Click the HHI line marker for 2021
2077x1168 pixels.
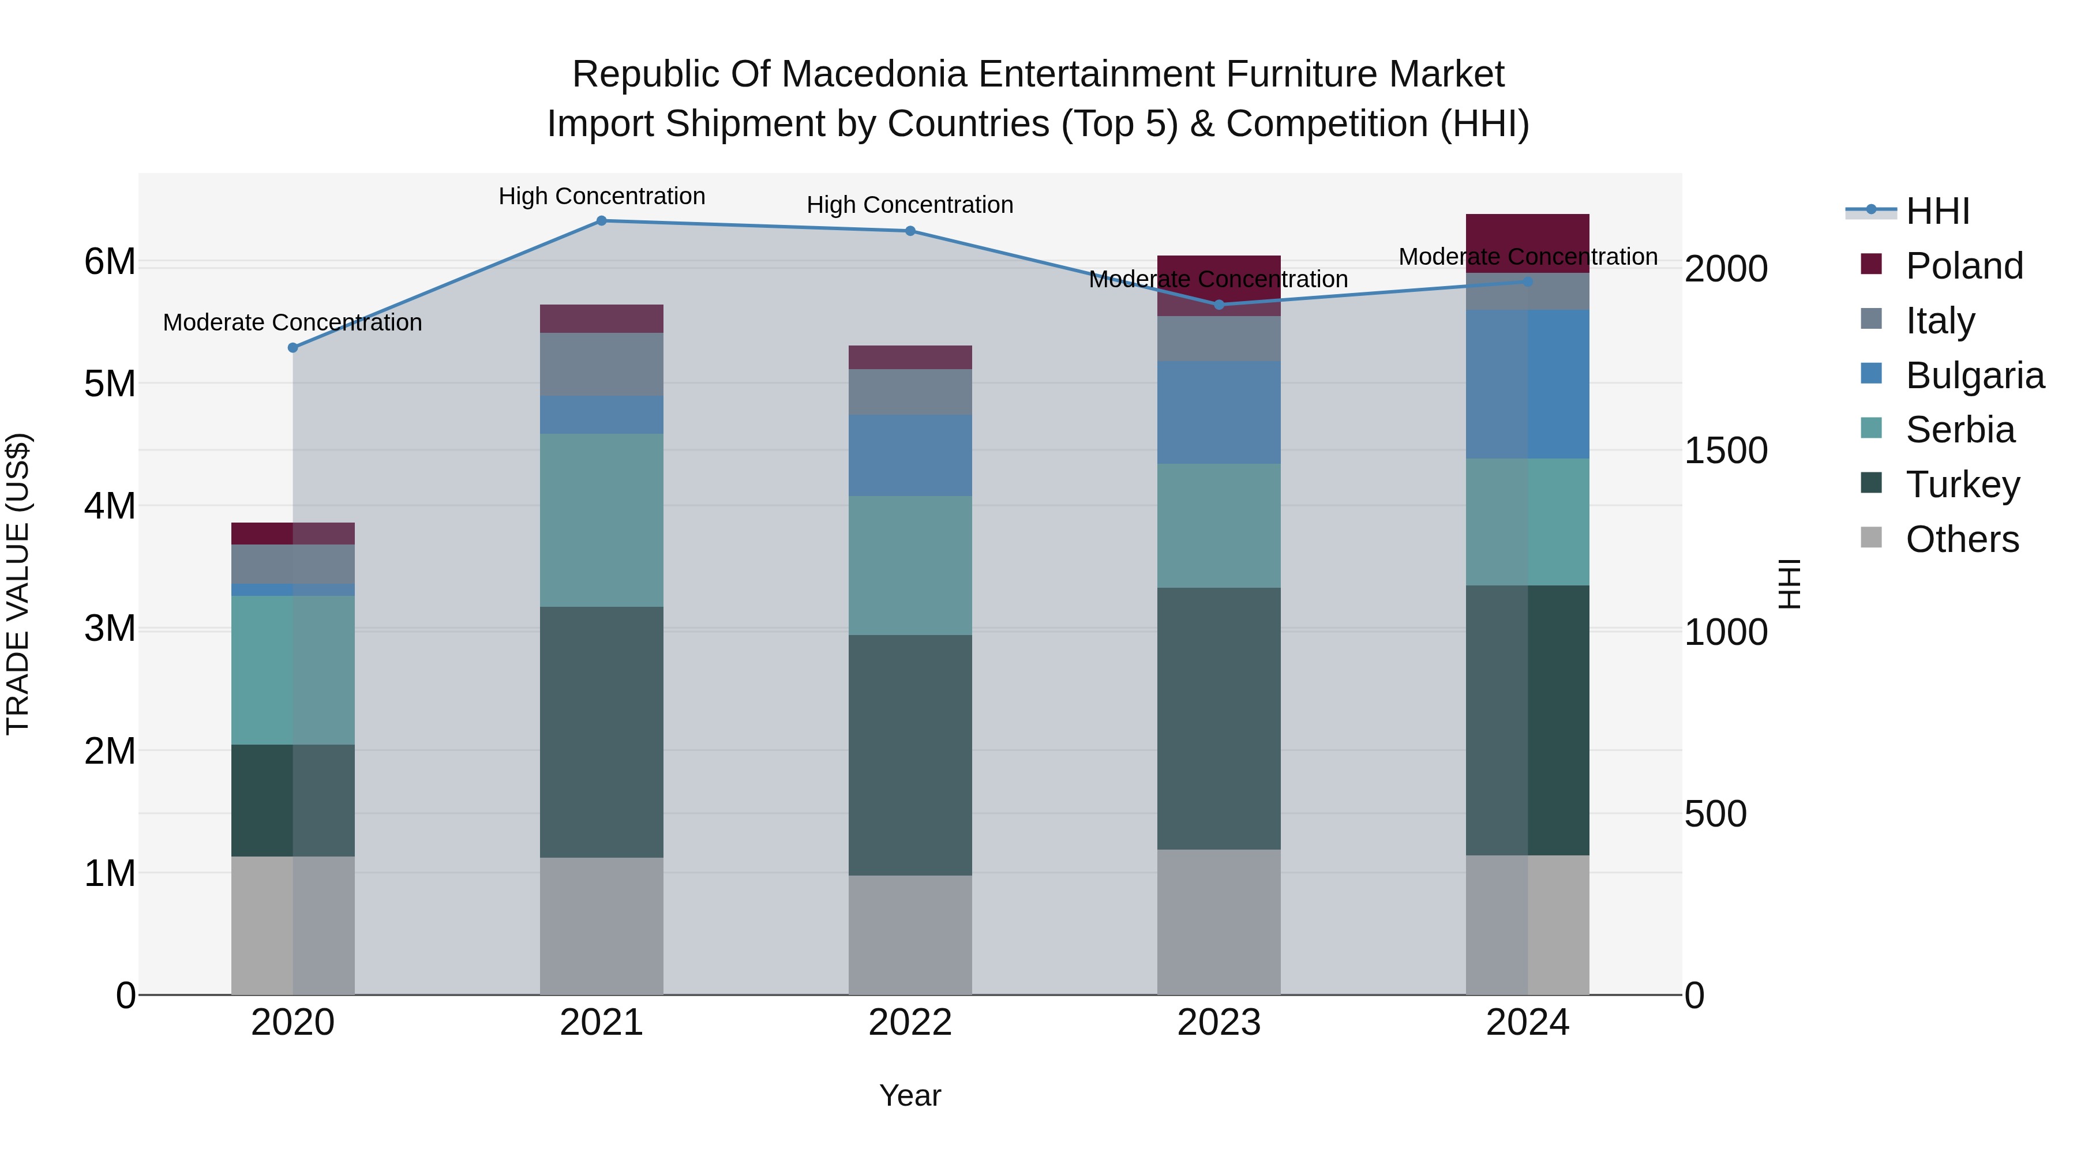point(602,221)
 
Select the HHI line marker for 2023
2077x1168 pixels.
point(1219,305)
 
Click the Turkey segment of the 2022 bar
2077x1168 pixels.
point(910,755)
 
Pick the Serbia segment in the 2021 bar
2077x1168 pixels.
point(602,521)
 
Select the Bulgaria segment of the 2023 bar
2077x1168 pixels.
point(1219,413)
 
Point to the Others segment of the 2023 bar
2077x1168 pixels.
point(1219,922)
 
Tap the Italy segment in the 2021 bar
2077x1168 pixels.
point(602,365)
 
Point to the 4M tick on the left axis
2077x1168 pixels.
point(110,506)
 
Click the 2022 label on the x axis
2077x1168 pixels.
point(910,1023)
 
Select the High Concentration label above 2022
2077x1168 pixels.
point(910,205)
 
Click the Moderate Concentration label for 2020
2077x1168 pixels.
point(293,322)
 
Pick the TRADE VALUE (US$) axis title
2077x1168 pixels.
point(18,584)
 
